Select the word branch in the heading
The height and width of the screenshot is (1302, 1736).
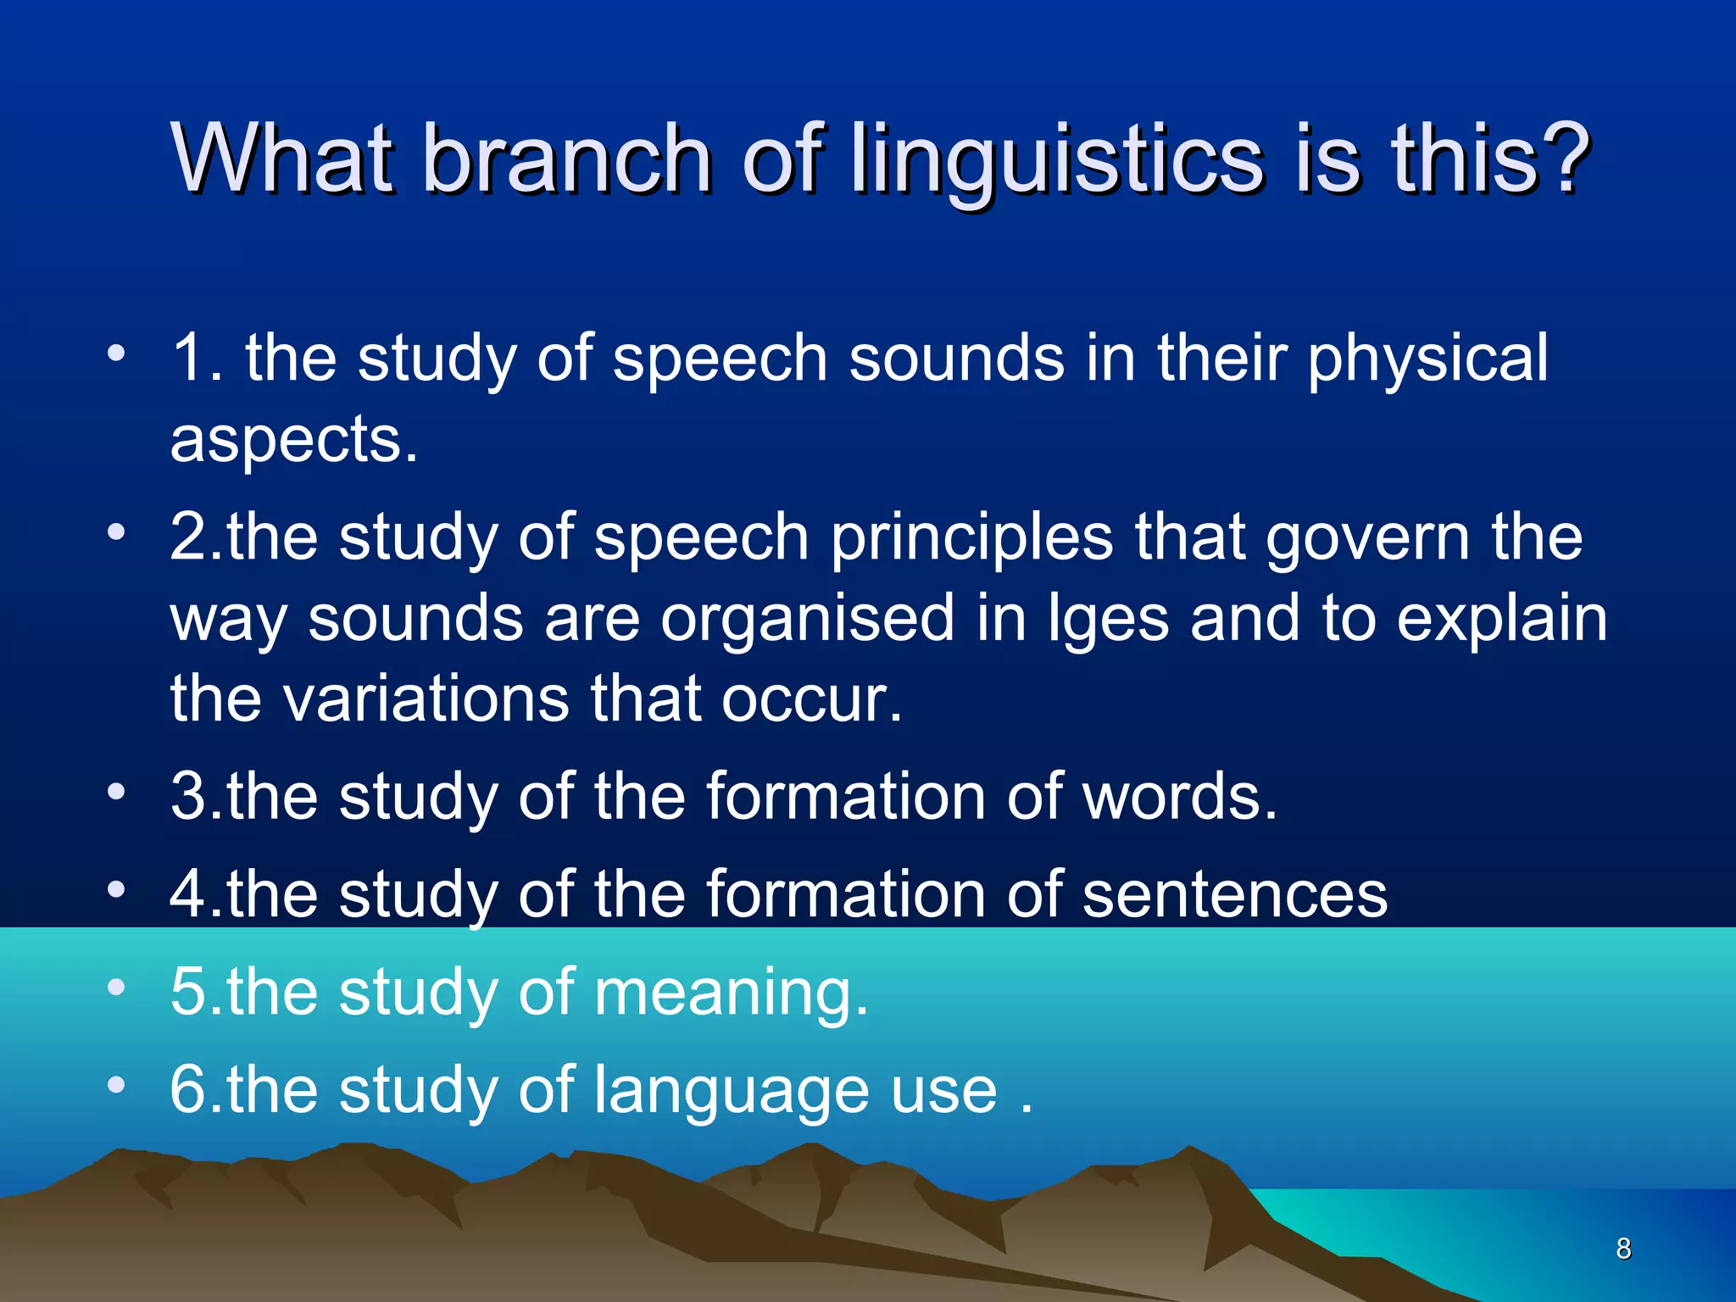pyautogui.click(x=566, y=158)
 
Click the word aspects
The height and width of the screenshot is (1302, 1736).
pyautogui.click(x=293, y=441)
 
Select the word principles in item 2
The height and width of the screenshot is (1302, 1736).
pyautogui.click(x=971, y=539)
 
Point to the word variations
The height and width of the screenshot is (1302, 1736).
pyautogui.click(x=425, y=698)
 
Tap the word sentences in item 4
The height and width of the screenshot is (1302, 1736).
pyautogui.click(x=1234, y=895)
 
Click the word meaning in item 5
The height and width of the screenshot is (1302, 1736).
pyautogui.click(x=730, y=993)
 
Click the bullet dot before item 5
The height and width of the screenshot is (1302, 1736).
pyautogui.click(x=116, y=986)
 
